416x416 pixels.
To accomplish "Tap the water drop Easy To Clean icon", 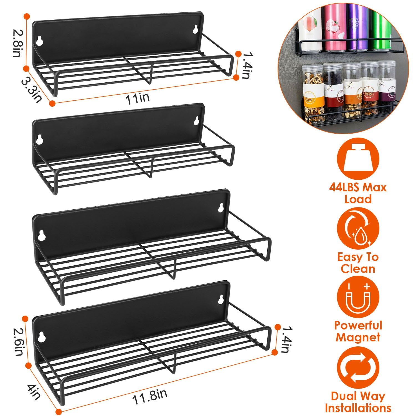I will click(x=358, y=229).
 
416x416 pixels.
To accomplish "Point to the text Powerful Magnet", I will click(x=358, y=331).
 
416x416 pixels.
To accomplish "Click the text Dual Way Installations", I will click(x=358, y=402).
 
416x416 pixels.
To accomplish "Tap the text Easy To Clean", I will click(x=358, y=263).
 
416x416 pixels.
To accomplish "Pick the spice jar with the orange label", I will click(x=351, y=94).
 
